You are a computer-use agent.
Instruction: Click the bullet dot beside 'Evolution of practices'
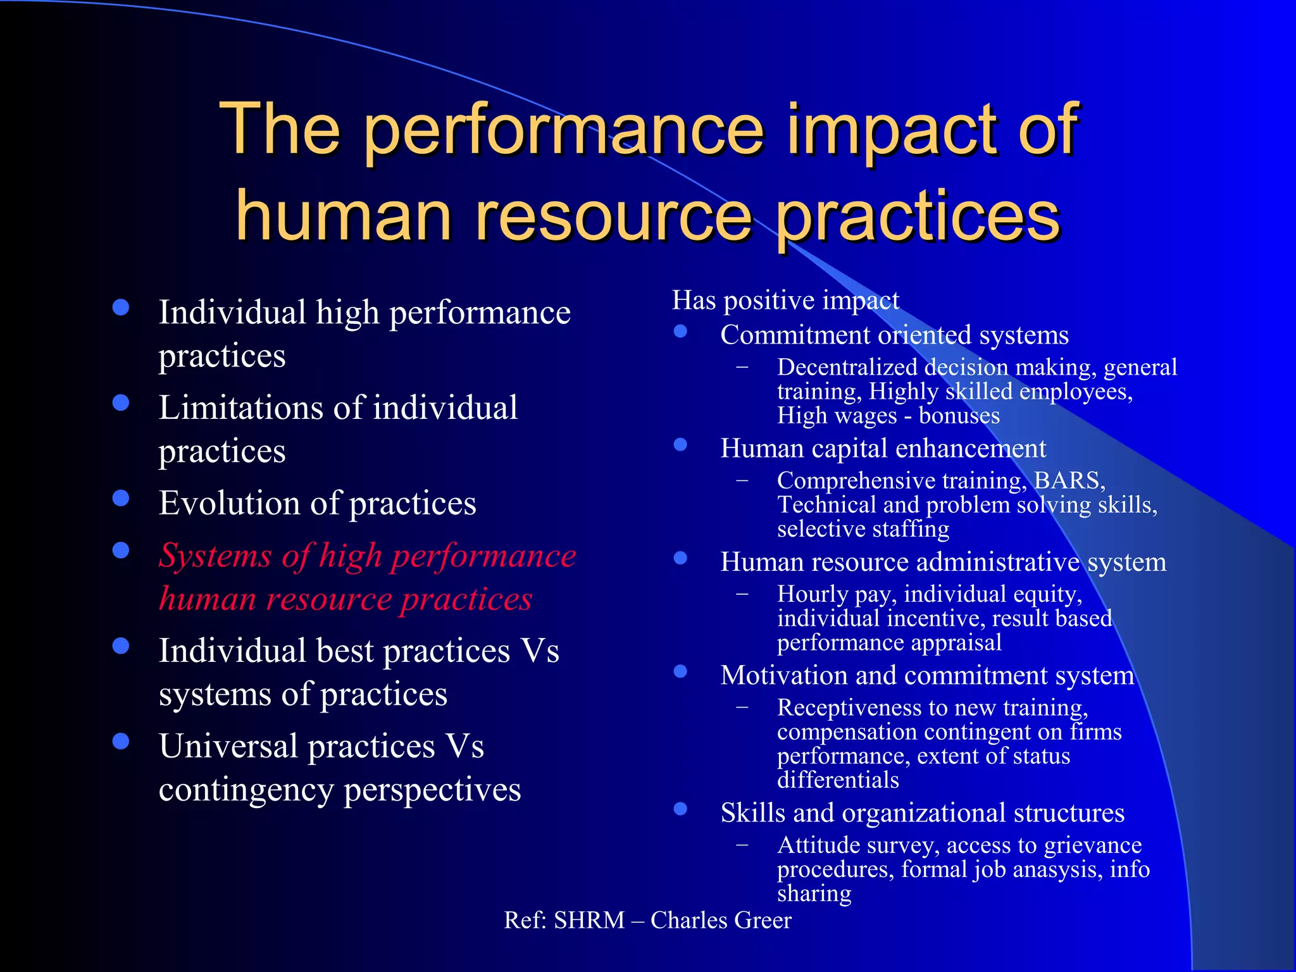click(x=120, y=499)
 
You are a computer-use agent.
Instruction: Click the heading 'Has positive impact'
click(x=785, y=301)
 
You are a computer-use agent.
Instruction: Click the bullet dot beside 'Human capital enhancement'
click(x=680, y=444)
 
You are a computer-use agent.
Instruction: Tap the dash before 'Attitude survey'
click(x=742, y=845)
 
